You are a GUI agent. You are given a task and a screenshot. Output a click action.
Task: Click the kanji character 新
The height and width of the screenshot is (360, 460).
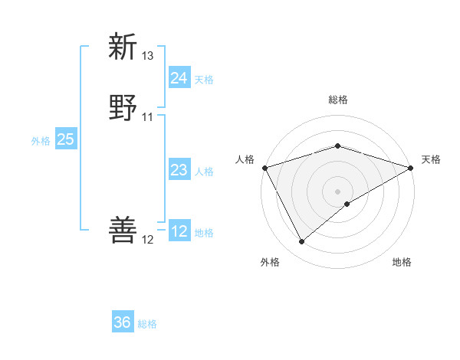[x=123, y=47]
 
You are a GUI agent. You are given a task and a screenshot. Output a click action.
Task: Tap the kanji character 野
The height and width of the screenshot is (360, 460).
[x=123, y=108]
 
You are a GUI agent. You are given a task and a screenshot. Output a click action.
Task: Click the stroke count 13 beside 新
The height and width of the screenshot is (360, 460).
[x=148, y=56]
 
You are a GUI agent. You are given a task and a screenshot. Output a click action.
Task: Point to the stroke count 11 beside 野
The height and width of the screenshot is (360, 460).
[x=148, y=117]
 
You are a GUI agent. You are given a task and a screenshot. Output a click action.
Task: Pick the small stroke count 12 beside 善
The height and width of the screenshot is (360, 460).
[x=148, y=240]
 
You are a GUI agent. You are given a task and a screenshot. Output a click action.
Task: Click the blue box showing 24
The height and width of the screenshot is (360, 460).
[x=179, y=77]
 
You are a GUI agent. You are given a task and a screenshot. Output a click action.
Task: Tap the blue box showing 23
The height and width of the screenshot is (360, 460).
[x=179, y=170]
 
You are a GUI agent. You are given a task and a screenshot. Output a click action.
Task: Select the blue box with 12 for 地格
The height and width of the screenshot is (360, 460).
[x=179, y=231]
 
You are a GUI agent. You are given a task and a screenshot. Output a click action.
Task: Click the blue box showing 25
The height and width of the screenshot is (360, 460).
[x=66, y=139]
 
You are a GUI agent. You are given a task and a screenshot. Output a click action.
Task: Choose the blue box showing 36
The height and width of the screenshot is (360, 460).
[x=123, y=322]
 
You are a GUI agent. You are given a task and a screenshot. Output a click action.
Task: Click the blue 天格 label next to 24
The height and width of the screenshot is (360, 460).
[x=204, y=79]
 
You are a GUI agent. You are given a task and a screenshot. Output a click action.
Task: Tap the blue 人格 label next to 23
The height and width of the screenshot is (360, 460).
[x=204, y=172]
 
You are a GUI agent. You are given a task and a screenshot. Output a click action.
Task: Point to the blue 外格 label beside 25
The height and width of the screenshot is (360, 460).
[x=41, y=141]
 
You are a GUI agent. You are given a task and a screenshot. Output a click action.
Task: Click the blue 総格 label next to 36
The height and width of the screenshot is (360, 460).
[x=147, y=324]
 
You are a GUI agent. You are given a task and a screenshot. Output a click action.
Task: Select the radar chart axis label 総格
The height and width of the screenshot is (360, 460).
[x=338, y=100]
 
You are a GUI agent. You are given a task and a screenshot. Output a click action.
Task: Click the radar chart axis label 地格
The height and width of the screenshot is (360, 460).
[x=402, y=263]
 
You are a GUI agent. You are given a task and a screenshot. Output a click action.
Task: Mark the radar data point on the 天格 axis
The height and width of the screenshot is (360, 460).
[x=412, y=167]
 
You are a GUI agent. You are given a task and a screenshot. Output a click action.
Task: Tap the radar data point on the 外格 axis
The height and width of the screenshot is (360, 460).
[x=302, y=242]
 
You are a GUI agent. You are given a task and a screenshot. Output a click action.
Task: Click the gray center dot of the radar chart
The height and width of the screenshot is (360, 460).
[x=338, y=191]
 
